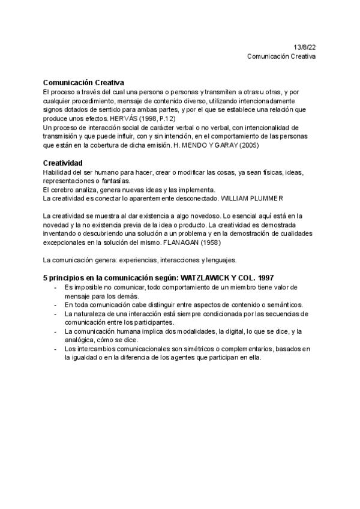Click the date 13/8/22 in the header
click(x=304, y=47)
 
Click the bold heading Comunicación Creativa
click(x=84, y=83)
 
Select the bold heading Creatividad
click(x=63, y=163)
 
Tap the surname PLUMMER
click(x=261, y=198)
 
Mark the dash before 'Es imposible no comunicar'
click(x=56, y=288)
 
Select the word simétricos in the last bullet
click(x=194, y=349)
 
